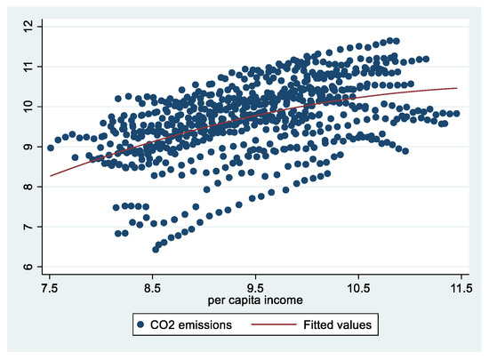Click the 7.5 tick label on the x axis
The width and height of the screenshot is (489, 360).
50,288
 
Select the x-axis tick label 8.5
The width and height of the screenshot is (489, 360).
153,288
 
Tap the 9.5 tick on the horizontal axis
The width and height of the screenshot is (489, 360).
256,288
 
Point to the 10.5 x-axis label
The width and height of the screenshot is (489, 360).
359,288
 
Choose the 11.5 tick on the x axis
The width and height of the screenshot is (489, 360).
461,288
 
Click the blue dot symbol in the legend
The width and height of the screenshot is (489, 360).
141,326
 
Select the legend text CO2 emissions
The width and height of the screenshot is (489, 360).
191,326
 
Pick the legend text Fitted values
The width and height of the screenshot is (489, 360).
334,326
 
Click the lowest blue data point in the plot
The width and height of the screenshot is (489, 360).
156,250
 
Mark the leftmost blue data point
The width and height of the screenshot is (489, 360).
51,148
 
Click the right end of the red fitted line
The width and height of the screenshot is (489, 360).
457,88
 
